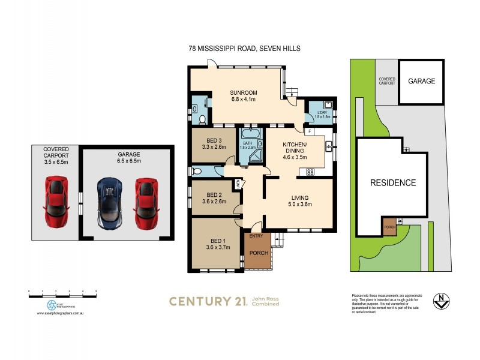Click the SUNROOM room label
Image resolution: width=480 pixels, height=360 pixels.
244,92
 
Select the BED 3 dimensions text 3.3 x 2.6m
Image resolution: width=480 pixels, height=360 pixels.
214,146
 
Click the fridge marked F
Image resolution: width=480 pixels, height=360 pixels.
308,131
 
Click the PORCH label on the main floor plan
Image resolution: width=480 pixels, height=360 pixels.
258,253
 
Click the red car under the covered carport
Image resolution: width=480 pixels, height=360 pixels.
55,202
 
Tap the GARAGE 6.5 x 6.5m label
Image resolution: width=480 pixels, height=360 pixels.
125,157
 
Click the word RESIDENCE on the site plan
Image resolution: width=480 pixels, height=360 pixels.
392,182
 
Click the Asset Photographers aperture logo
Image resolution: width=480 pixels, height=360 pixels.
52,305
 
